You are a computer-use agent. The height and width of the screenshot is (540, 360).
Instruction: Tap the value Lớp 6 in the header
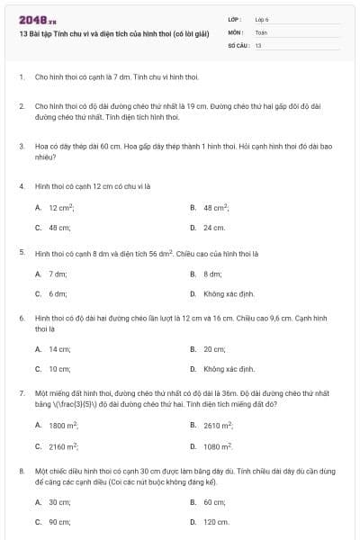click(x=262, y=19)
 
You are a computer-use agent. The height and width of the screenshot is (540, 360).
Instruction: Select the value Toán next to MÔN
click(x=261, y=31)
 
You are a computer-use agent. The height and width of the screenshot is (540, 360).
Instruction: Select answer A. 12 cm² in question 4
click(x=54, y=207)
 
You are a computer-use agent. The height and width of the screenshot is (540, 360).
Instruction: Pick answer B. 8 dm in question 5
click(x=207, y=273)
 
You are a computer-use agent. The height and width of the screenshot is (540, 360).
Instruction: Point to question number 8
click(x=21, y=471)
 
